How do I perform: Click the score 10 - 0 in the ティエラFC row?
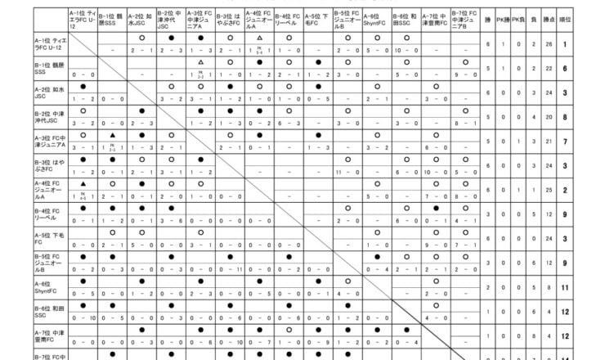406,51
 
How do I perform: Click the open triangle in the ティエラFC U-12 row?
259,38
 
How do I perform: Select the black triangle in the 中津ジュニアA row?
112,134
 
